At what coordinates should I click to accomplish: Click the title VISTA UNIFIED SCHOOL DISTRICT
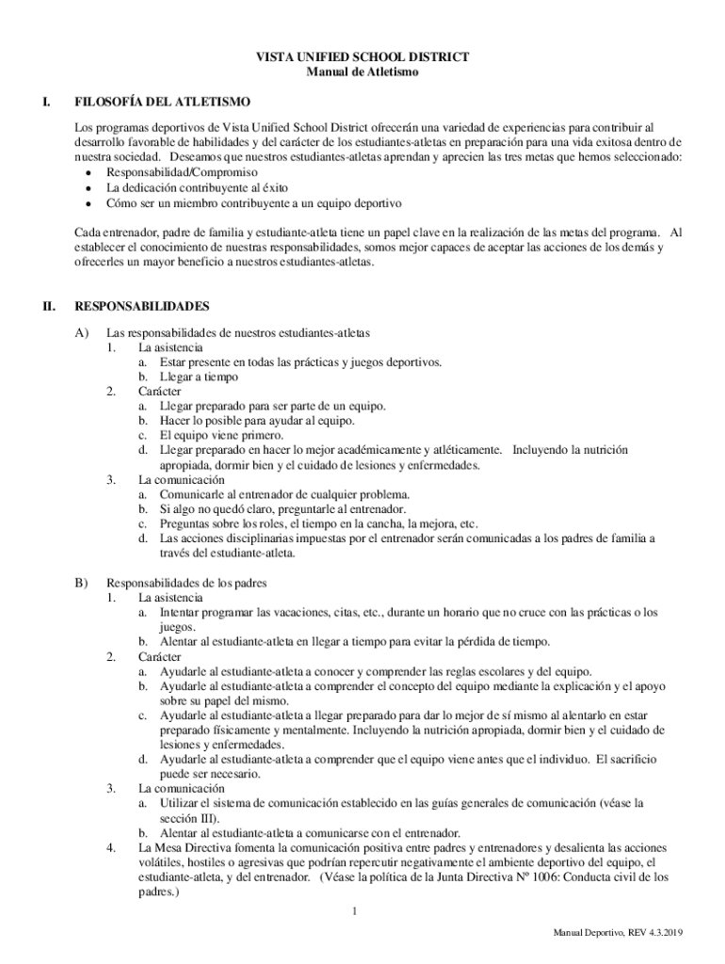coord(362,57)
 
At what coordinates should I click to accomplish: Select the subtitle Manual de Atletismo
coord(362,72)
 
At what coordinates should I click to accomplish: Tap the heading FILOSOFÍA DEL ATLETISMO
coord(162,102)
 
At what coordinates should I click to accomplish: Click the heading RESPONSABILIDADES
coord(141,306)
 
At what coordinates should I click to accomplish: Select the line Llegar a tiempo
coord(198,377)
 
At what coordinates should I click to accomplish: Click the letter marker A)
coord(82,333)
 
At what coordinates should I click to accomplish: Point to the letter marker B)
coord(82,583)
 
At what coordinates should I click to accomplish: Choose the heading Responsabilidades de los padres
coord(187,583)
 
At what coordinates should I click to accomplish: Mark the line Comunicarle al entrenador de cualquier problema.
coord(284,494)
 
